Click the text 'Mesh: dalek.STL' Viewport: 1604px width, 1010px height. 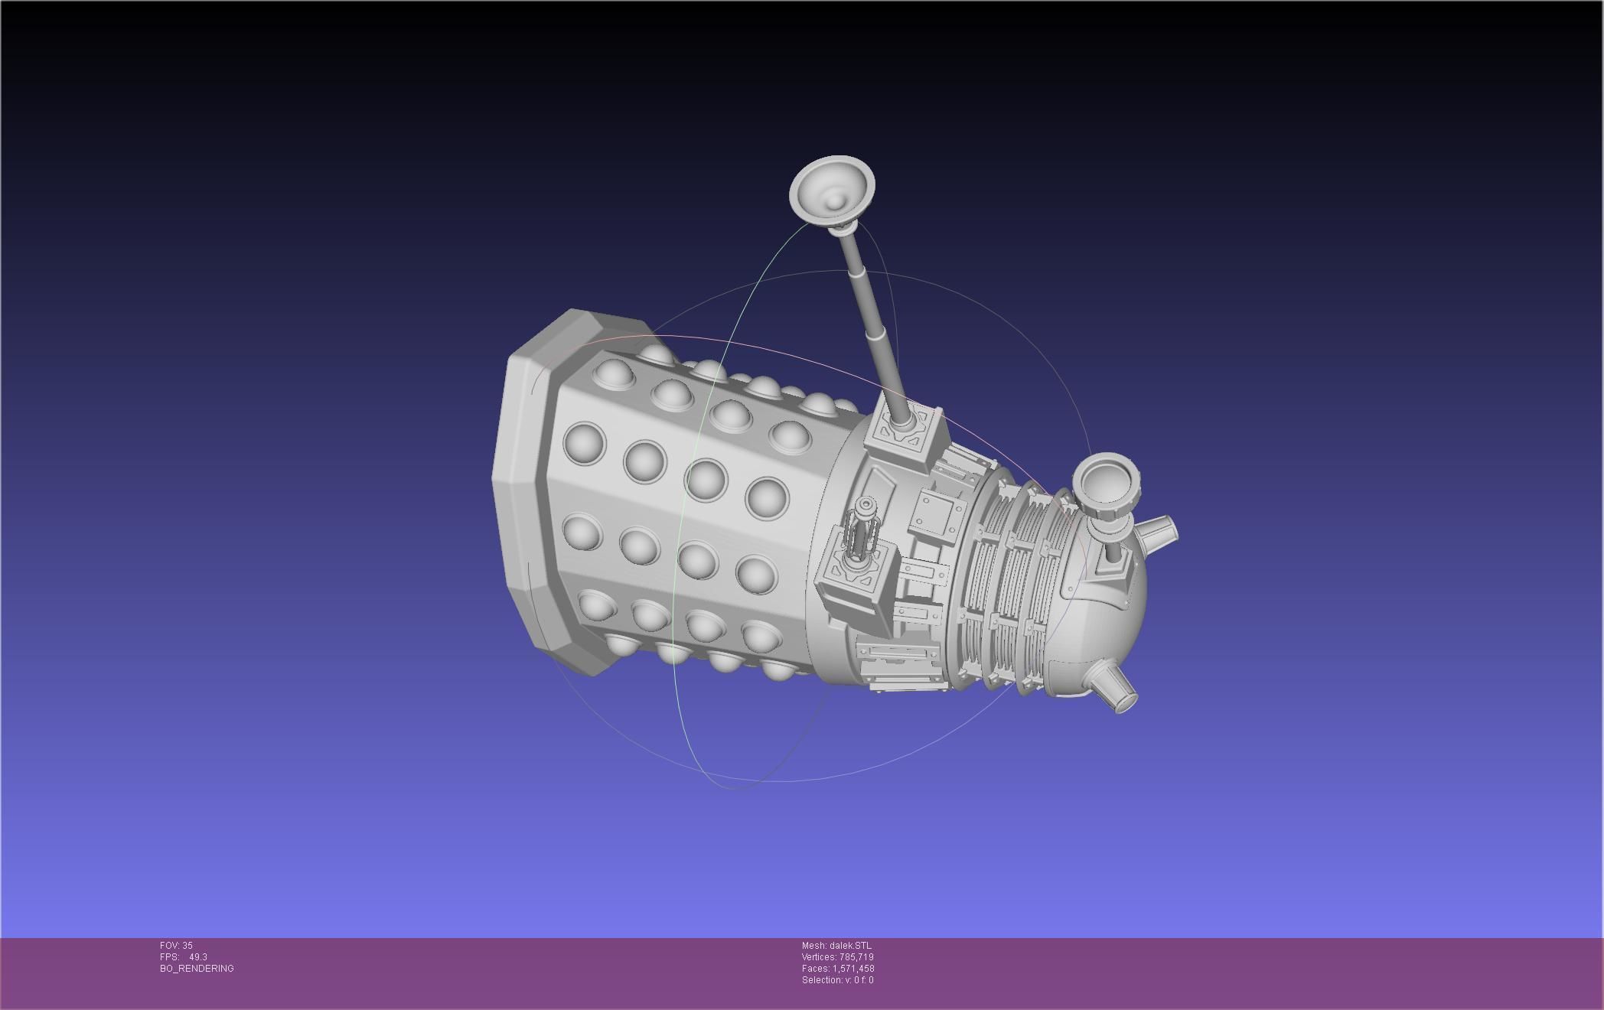click(836, 946)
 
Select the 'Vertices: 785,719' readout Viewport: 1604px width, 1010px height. click(837, 957)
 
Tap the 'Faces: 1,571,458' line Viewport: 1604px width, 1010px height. click(837, 969)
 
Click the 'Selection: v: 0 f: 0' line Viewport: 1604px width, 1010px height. click(837, 980)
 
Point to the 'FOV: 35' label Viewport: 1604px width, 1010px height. click(176, 946)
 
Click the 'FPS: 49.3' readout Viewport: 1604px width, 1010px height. click(184, 957)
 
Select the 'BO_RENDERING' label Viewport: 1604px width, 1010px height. click(197, 969)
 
